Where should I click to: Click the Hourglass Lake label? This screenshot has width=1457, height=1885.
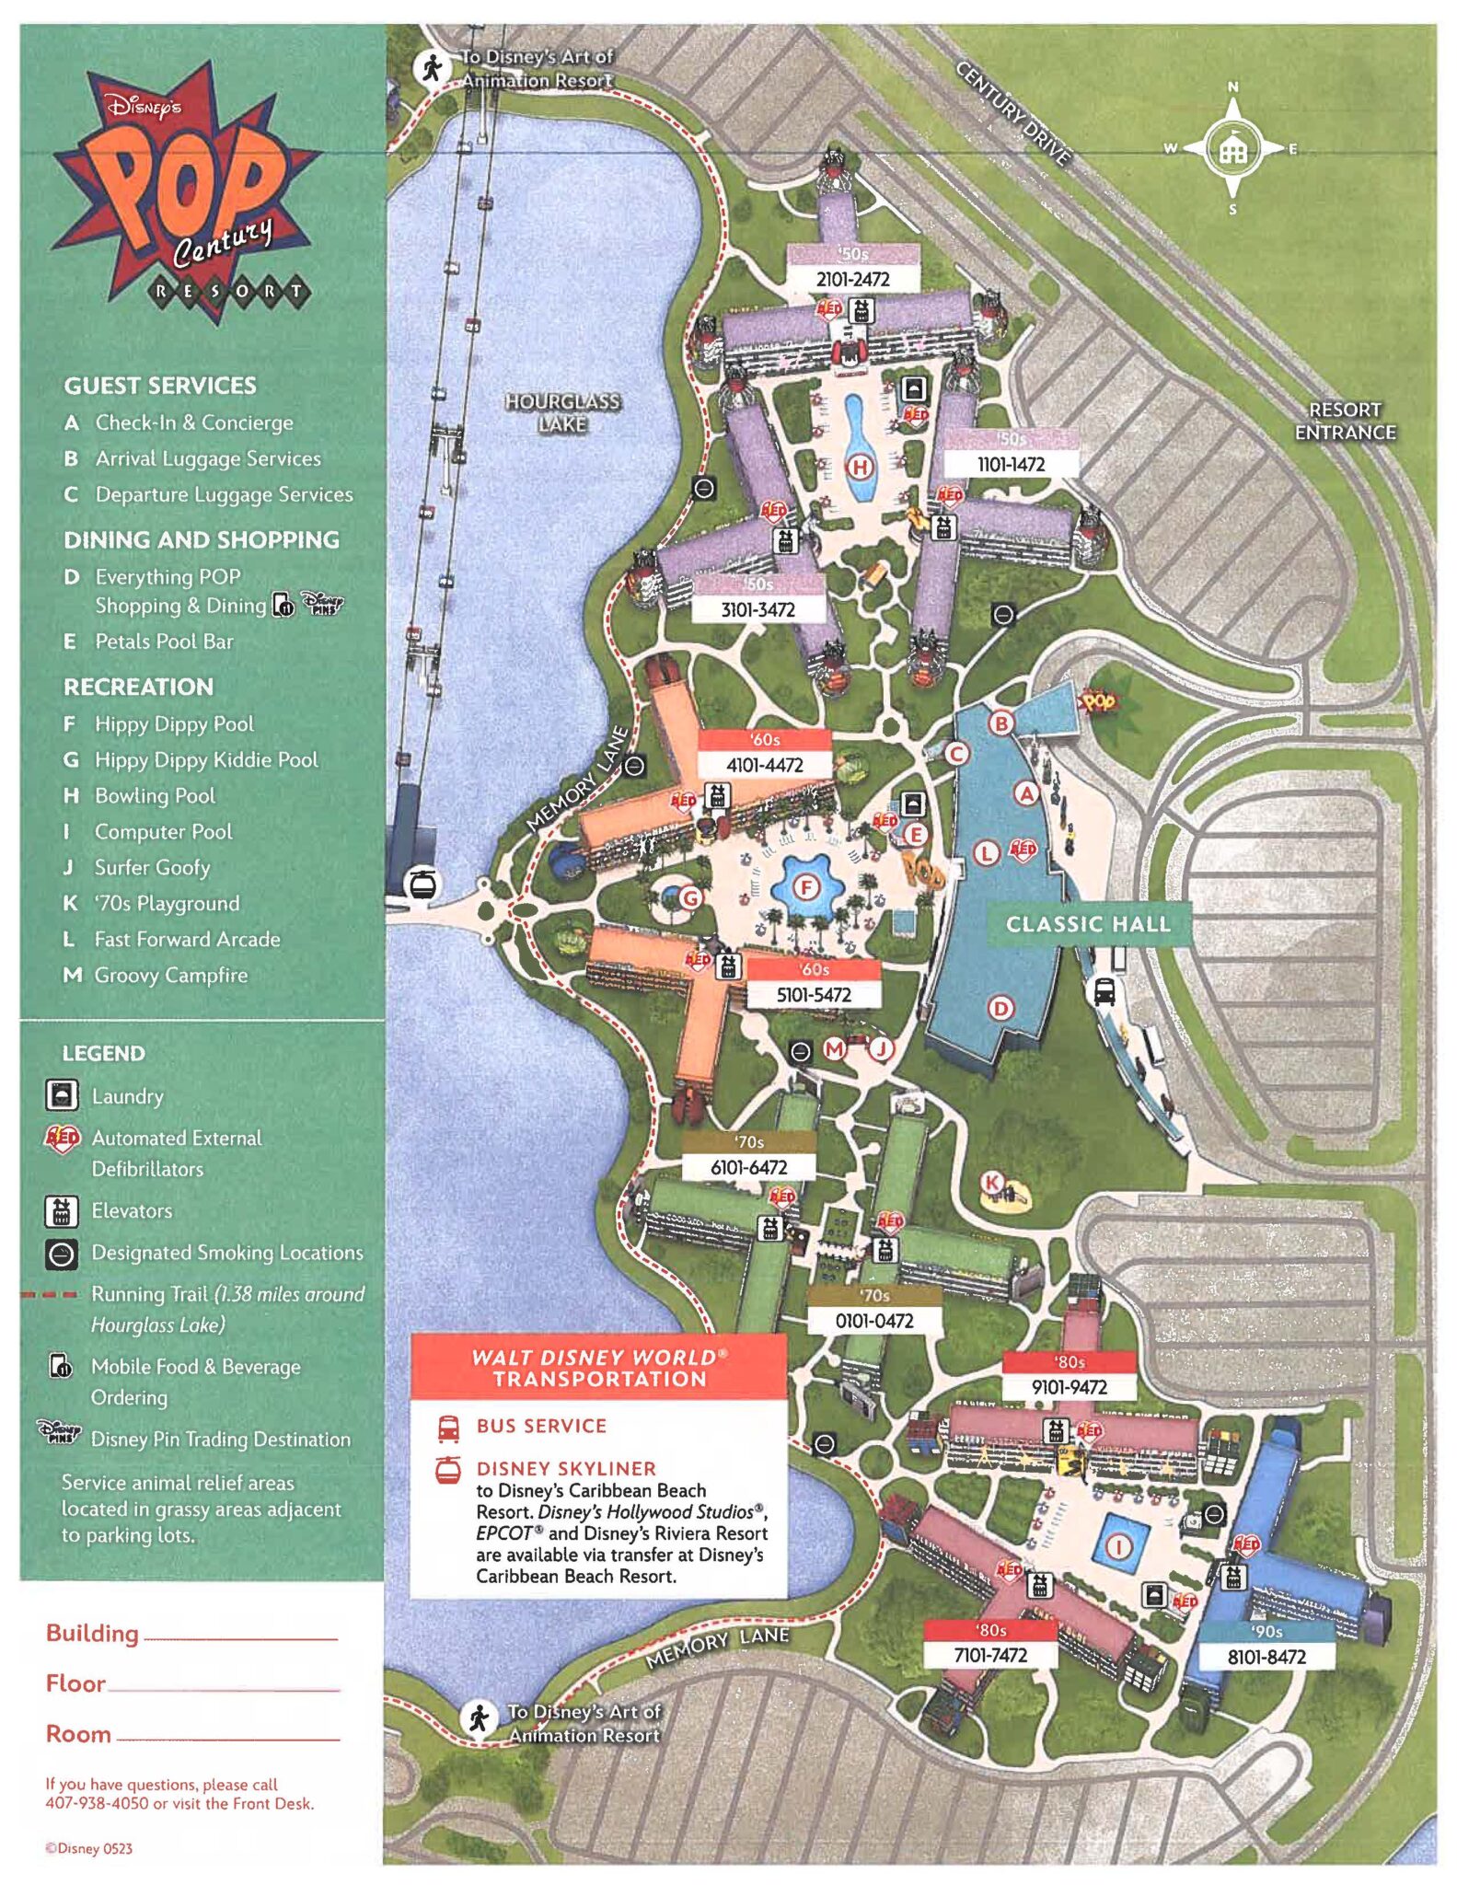click(562, 412)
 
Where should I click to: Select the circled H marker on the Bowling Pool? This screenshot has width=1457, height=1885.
click(860, 467)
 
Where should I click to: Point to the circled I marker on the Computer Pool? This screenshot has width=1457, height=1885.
click(1119, 1546)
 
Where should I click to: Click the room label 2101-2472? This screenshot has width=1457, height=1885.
click(852, 279)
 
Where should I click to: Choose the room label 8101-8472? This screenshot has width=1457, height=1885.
click(1266, 1657)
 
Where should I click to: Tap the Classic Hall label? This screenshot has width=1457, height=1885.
click(1088, 924)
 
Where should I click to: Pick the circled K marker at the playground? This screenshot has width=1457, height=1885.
click(991, 1183)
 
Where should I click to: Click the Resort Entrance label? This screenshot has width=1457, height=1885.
click(1345, 421)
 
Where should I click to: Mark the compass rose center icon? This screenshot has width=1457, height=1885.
click(1232, 149)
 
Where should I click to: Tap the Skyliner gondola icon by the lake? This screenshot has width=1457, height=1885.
click(422, 885)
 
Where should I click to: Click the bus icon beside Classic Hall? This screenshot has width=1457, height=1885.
click(1104, 991)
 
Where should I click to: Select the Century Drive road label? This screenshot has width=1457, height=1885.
click(1013, 113)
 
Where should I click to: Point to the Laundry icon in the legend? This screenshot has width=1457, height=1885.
click(62, 1095)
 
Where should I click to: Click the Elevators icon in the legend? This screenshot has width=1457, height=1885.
click(62, 1211)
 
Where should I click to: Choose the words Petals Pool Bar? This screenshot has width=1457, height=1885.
click(164, 642)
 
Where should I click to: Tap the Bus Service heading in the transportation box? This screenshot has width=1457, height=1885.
click(541, 1426)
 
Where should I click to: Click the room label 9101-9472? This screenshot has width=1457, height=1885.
click(1069, 1387)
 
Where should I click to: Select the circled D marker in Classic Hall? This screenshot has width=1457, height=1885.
click(1000, 1008)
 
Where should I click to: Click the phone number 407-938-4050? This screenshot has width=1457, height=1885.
click(97, 1803)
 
